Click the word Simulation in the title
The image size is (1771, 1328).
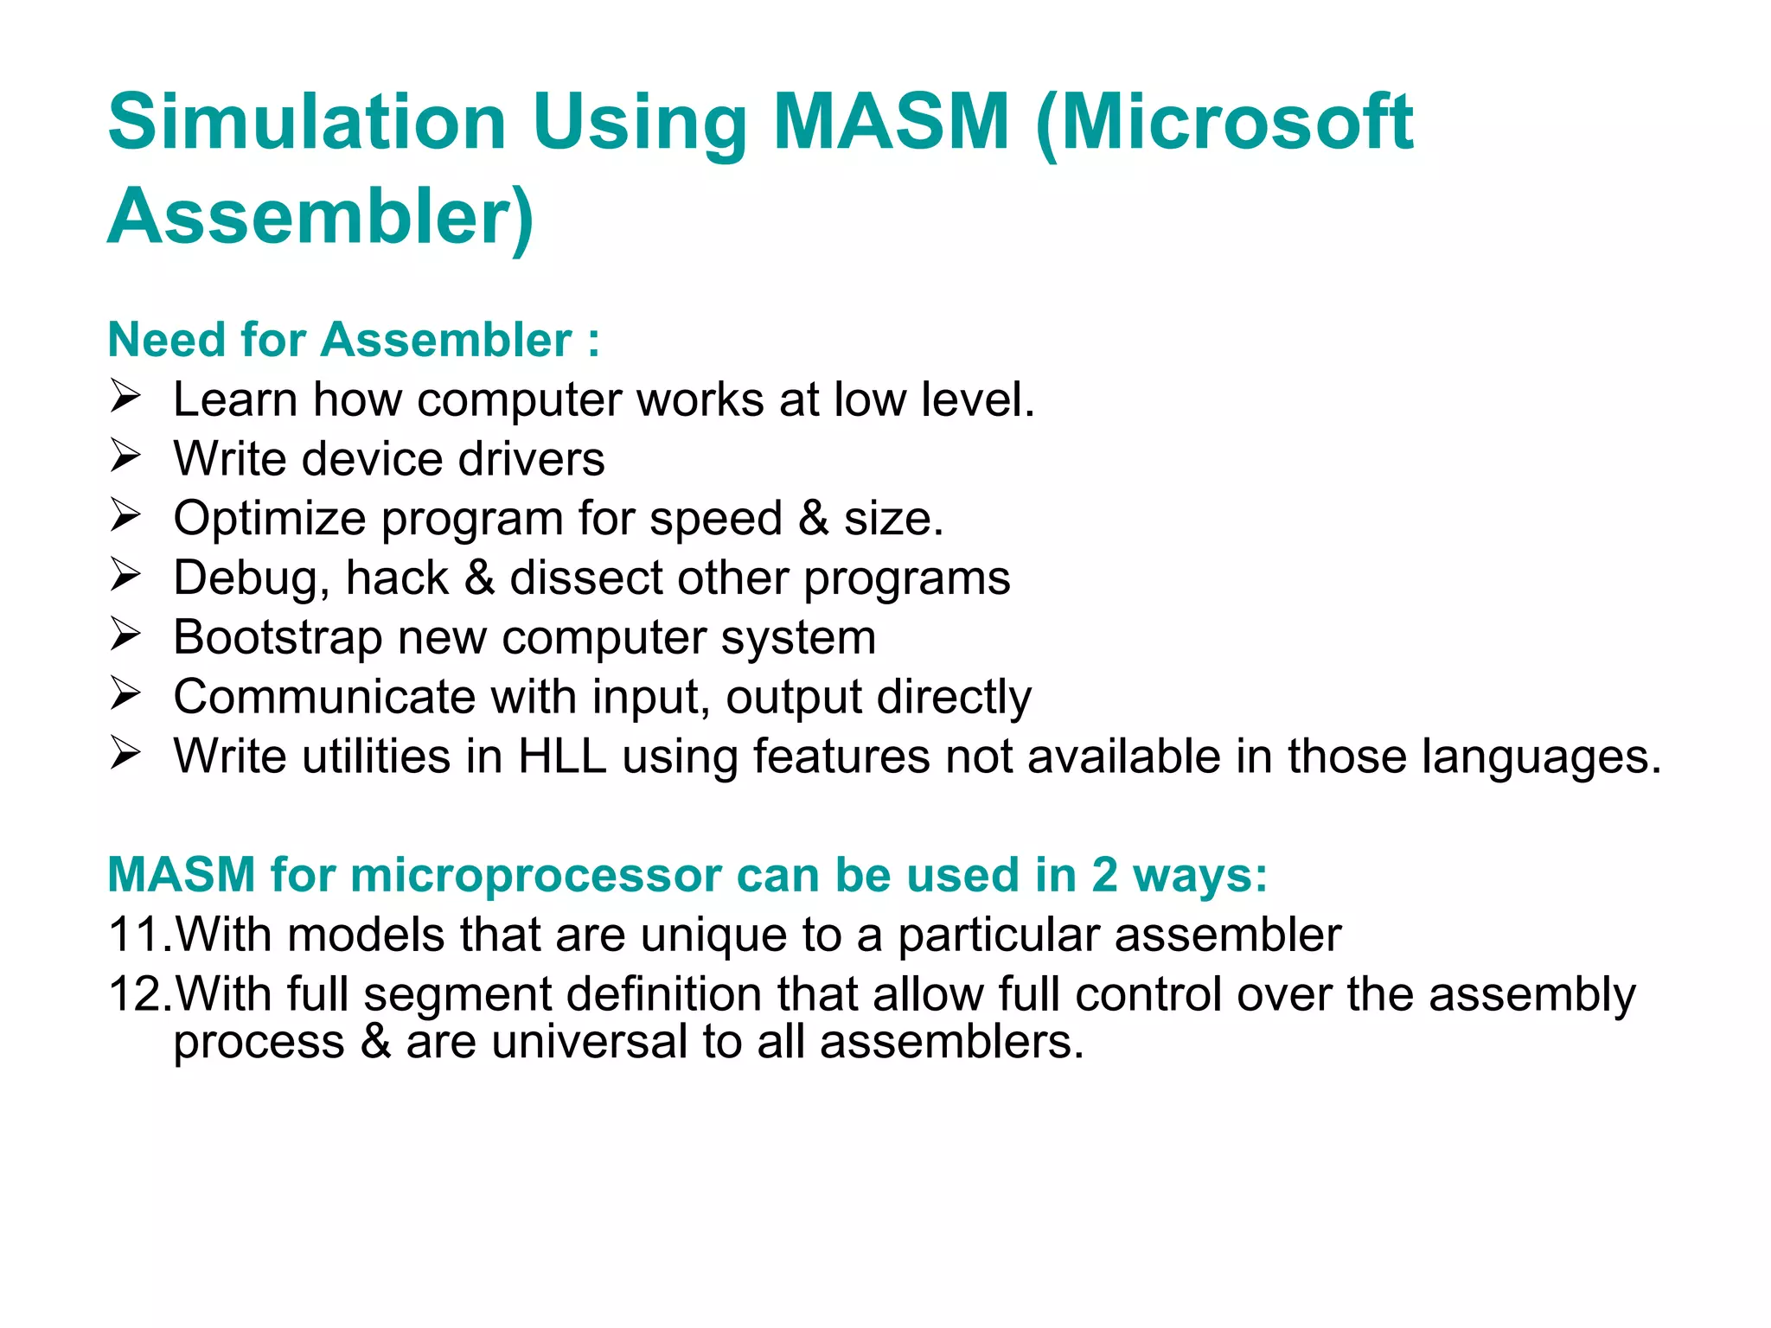pos(307,122)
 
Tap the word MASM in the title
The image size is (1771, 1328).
pos(892,122)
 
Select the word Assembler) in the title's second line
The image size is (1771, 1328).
pos(321,217)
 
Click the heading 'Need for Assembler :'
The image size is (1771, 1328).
pos(354,340)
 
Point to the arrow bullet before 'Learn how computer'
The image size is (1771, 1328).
pos(125,398)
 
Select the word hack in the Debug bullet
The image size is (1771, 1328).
pos(397,578)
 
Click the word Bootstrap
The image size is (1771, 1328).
pos(278,638)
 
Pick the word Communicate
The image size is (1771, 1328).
pos(324,697)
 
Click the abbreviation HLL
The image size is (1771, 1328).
pos(562,757)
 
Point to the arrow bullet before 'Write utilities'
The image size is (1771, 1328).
pos(125,755)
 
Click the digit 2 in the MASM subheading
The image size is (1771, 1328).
pos(1104,875)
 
